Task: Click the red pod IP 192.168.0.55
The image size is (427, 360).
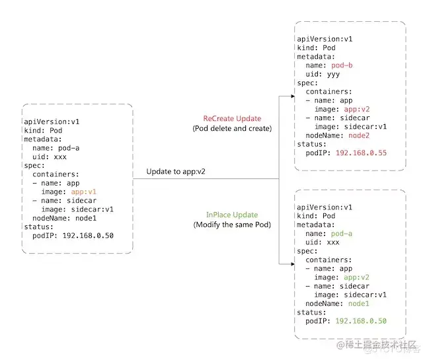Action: pyautogui.click(x=361, y=151)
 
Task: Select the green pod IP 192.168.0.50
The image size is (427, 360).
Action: pyautogui.click(x=361, y=320)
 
